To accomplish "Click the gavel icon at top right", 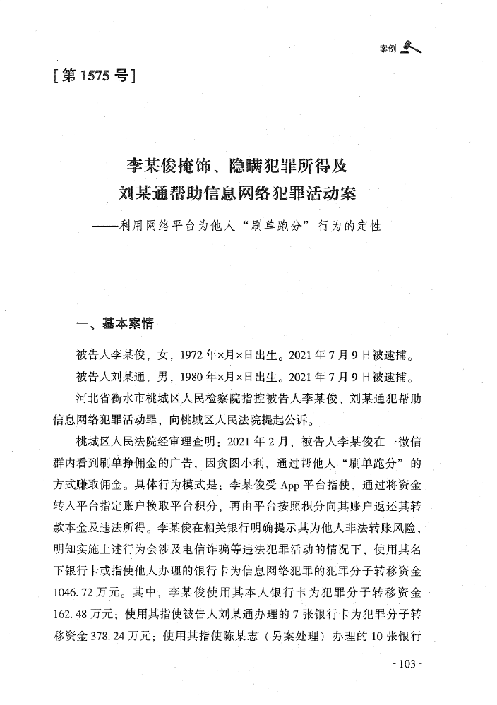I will click(x=410, y=47).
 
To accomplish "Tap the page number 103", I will click(x=405, y=663).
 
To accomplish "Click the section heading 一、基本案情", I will click(x=114, y=325).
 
